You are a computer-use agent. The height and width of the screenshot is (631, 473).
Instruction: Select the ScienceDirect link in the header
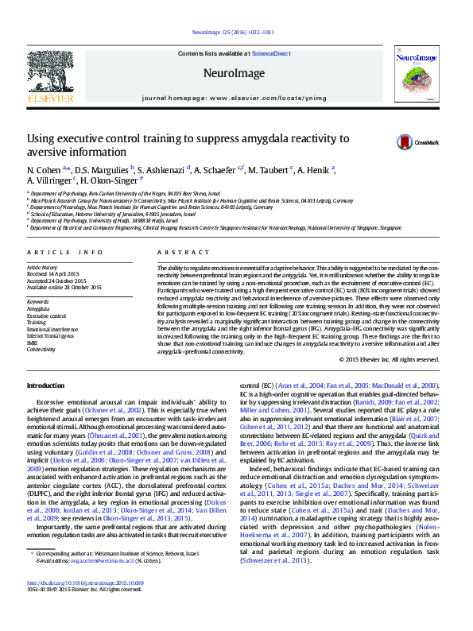pos(271,53)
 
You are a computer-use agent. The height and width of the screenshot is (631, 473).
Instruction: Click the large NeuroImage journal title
pos(234,73)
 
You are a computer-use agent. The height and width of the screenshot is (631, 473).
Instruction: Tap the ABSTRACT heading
pos(173,252)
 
